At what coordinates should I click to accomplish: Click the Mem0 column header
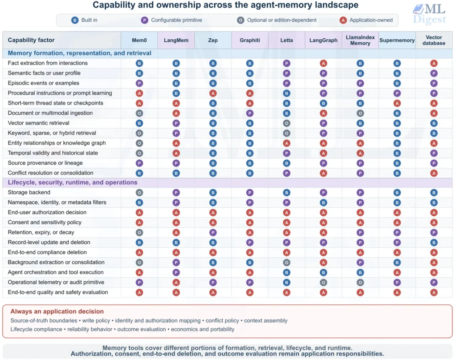click(139, 40)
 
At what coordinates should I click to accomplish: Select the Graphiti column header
click(249, 40)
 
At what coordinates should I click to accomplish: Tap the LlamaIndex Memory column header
click(360, 40)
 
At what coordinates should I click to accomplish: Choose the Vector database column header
click(434, 40)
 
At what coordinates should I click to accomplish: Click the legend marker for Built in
click(75, 20)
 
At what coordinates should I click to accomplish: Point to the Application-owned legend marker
click(343, 20)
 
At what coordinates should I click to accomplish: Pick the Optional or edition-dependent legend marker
click(240, 20)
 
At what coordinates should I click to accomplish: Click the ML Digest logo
click(429, 14)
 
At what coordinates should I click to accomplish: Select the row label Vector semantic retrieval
click(38, 123)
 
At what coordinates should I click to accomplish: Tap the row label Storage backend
click(29, 192)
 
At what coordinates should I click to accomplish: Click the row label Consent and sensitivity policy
click(45, 222)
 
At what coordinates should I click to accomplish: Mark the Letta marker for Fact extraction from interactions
click(286, 63)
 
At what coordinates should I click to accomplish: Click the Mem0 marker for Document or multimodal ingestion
click(139, 113)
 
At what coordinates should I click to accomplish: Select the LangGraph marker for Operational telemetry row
click(323, 283)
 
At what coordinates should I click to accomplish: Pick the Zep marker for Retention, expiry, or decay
click(213, 232)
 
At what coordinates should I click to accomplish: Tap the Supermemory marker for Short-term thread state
click(397, 103)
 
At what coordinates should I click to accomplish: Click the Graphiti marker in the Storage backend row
click(249, 193)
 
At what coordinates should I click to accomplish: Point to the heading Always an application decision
click(57, 311)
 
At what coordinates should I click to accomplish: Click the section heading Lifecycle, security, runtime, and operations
click(73, 182)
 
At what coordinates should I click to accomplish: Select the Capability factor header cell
click(31, 40)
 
